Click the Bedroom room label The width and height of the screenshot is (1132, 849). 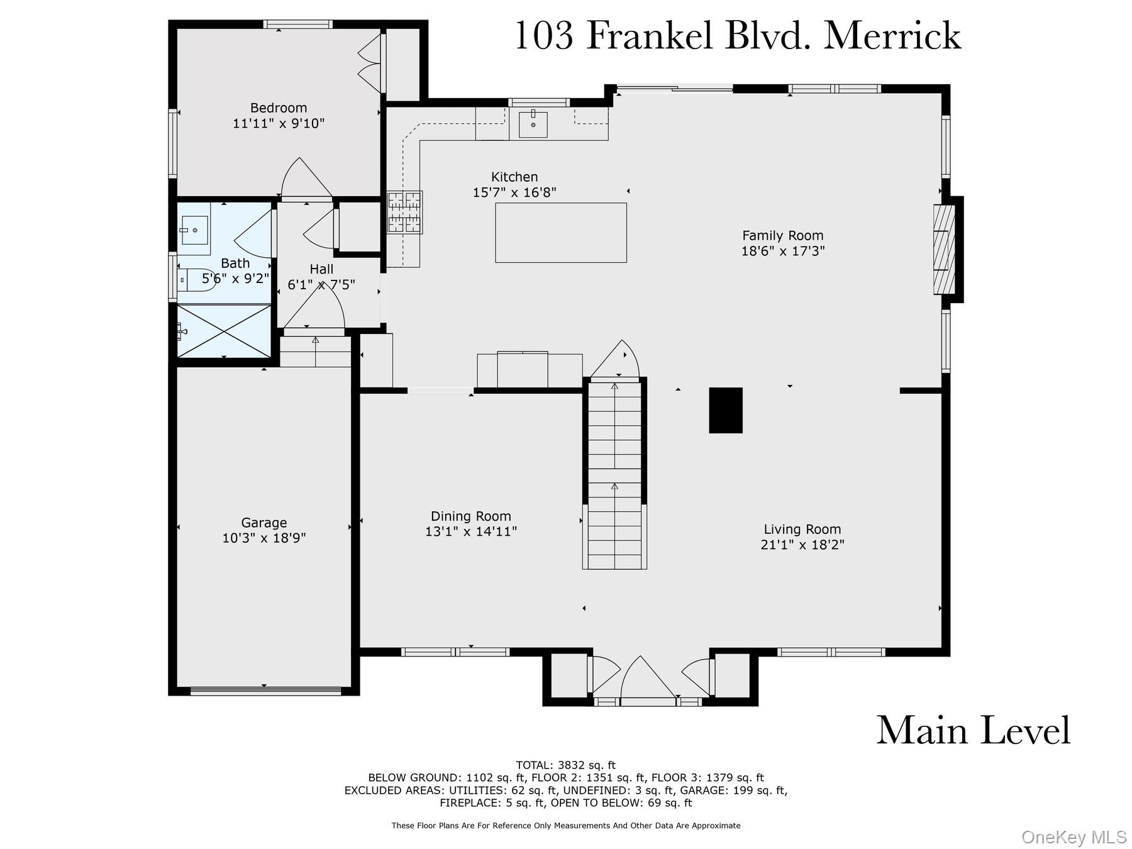[x=279, y=108]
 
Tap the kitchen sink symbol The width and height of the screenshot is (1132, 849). [x=533, y=124]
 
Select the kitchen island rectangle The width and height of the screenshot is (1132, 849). [x=560, y=232]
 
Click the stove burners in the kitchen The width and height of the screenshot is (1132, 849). [x=404, y=212]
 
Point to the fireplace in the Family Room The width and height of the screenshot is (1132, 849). [x=943, y=249]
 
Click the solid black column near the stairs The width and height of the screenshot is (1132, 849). [x=725, y=410]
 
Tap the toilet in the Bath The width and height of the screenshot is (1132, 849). [x=187, y=278]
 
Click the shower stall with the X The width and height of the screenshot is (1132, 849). [x=224, y=330]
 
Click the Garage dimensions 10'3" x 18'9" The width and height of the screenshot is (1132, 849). [x=264, y=538]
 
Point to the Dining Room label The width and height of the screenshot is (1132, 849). [x=470, y=516]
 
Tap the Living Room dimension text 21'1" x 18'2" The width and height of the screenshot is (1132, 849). [x=802, y=545]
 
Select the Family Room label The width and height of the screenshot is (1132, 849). [x=782, y=236]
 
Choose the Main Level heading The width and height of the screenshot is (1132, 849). [x=973, y=731]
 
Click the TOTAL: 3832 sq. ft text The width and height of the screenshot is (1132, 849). [x=565, y=765]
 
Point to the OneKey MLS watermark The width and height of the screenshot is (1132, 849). [x=1074, y=837]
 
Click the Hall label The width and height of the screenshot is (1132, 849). [x=321, y=269]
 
